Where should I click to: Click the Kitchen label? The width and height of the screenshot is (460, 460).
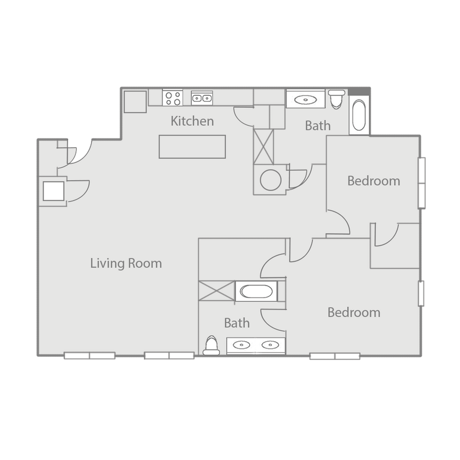click(192, 120)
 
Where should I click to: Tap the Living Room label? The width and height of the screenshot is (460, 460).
click(126, 263)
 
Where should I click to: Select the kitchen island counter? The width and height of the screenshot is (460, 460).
click(192, 147)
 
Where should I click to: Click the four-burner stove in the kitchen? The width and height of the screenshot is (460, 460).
click(173, 98)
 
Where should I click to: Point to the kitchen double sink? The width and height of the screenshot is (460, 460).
click(202, 98)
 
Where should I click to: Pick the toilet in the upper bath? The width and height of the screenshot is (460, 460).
click(336, 99)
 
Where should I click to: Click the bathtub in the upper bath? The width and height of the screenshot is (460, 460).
click(358, 116)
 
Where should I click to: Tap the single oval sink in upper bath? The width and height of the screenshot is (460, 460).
click(306, 99)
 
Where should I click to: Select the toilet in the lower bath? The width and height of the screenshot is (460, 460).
click(211, 346)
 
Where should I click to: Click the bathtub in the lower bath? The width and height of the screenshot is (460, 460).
click(256, 290)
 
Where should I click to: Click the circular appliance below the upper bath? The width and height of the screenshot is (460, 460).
click(269, 180)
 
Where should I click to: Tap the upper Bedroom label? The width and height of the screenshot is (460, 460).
click(373, 180)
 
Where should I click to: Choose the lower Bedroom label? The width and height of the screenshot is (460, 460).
click(354, 312)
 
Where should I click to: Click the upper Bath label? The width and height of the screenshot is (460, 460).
click(317, 125)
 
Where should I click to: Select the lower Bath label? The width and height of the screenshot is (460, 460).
click(237, 323)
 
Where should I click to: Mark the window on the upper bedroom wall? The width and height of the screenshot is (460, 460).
click(421, 183)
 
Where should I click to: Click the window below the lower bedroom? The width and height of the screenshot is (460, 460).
click(335, 356)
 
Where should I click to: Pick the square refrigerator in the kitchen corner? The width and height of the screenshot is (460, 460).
click(135, 101)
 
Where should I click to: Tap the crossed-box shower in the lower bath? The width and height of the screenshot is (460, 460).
click(216, 290)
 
